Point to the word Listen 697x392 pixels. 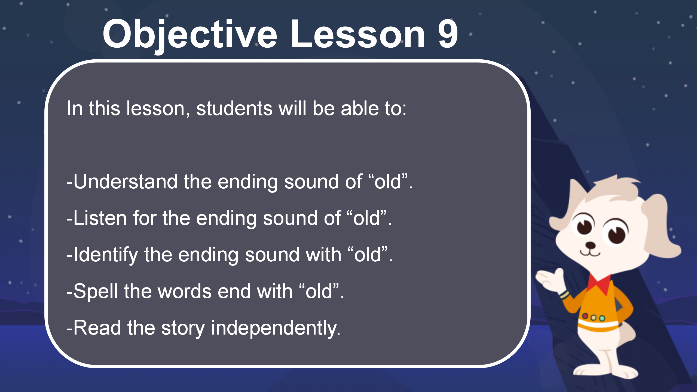click(100, 218)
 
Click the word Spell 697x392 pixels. click(96, 292)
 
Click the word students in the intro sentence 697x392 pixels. click(234, 108)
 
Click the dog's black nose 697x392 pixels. click(590, 245)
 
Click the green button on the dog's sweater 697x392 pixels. click(602, 318)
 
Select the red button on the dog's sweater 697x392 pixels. click(585, 316)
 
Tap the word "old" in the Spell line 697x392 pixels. click(319, 291)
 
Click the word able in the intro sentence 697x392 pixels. click(360, 108)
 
